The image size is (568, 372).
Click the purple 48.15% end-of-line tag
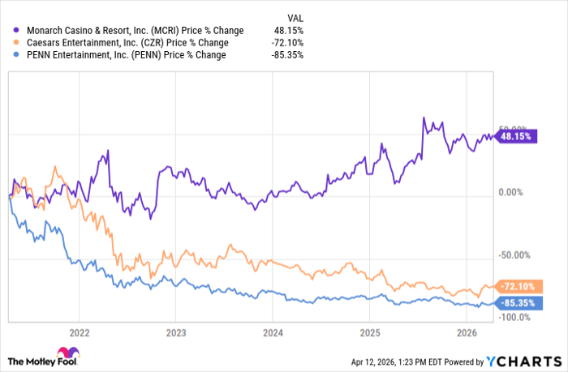[514, 137]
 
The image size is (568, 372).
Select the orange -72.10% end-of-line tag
[516, 287]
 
